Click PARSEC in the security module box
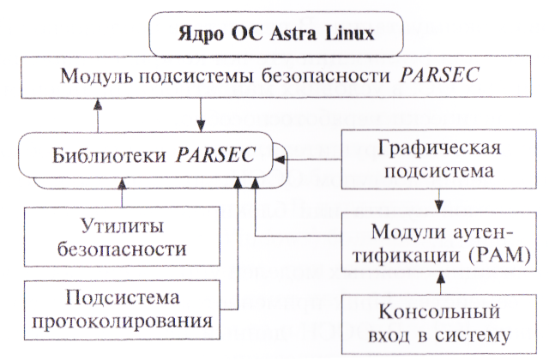[437, 77]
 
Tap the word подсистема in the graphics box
[439, 171]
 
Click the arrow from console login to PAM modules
[439, 280]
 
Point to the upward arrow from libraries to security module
[97, 111]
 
